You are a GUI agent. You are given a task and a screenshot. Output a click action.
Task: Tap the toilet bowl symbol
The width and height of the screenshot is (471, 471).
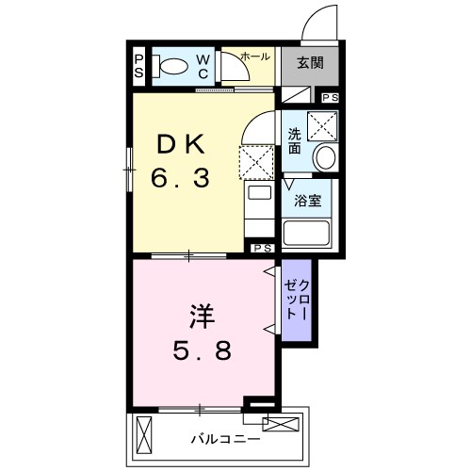pyautogui.click(x=172, y=66)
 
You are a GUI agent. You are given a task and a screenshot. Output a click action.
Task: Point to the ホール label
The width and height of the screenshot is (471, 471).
pyautogui.click(x=254, y=57)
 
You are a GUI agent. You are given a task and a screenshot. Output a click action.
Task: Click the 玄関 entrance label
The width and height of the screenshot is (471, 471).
pyautogui.click(x=311, y=64)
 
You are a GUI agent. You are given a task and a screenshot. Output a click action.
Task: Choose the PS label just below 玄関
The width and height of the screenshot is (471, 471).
pyautogui.click(x=331, y=98)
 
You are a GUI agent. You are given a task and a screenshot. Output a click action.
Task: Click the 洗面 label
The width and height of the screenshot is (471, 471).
pyautogui.click(x=295, y=140)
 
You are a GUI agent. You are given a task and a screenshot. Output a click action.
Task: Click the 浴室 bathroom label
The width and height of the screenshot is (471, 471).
pyautogui.click(x=307, y=200)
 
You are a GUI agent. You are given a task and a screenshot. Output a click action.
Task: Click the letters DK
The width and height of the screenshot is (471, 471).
pyautogui.click(x=183, y=142)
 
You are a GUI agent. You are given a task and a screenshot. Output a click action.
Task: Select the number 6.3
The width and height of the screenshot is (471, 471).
pyautogui.click(x=183, y=177)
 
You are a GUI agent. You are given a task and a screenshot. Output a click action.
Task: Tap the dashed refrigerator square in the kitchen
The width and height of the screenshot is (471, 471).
pyautogui.click(x=256, y=162)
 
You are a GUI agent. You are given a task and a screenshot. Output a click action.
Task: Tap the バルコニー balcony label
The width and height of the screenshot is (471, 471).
pyautogui.click(x=222, y=438)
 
